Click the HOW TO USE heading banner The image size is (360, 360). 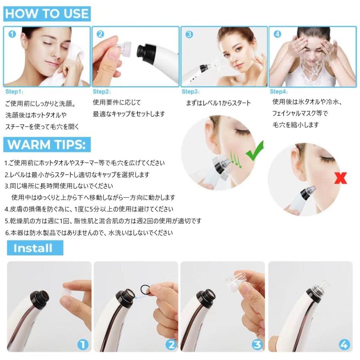[x=47, y=13]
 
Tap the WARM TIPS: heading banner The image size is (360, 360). [x=47, y=144]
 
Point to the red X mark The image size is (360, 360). [x=340, y=178]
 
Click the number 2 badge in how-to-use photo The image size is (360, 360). [x=100, y=34]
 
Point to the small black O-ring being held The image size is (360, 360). [x=144, y=288]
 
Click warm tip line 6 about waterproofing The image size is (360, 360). [x=89, y=232]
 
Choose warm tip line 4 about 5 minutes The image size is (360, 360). [x=89, y=209]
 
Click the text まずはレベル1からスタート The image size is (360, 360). [x=218, y=103]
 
